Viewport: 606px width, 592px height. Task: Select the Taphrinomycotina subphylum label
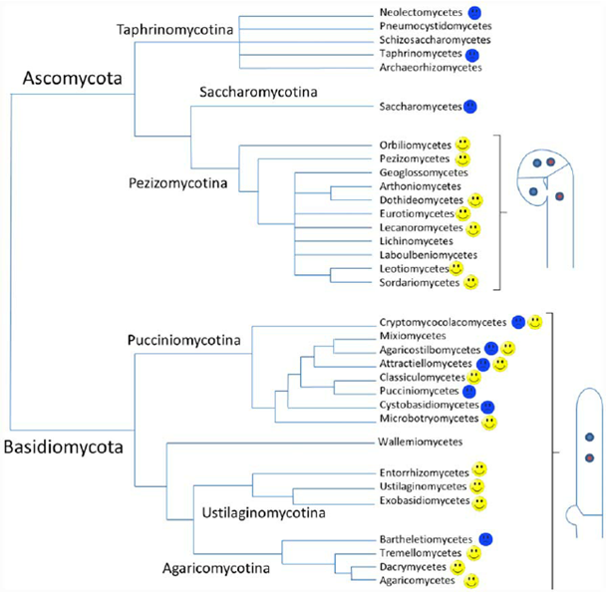(175, 30)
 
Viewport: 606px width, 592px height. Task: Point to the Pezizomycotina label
(179, 184)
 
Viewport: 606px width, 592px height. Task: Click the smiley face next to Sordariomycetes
(471, 283)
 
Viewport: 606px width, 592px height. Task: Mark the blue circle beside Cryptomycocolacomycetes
(517, 321)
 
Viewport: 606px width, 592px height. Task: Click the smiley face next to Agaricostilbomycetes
(508, 349)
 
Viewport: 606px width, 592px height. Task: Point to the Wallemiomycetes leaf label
(418, 441)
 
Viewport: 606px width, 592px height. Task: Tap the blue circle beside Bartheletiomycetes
(486, 538)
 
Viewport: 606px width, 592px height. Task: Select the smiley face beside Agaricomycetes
(471, 580)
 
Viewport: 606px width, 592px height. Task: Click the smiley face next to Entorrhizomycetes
(479, 468)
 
